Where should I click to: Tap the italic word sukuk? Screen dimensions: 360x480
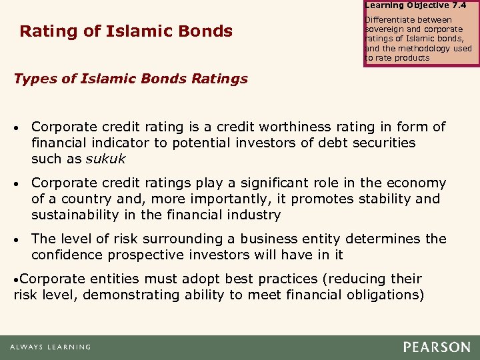click(106, 159)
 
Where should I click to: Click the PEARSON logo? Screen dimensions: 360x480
click(437, 347)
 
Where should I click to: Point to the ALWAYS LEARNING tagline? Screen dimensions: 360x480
click(50, 347)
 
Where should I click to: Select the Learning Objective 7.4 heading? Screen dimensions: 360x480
click(415, 5)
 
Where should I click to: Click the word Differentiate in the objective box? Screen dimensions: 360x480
click(391, 20)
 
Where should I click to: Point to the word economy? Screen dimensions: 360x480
click(419, 183)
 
